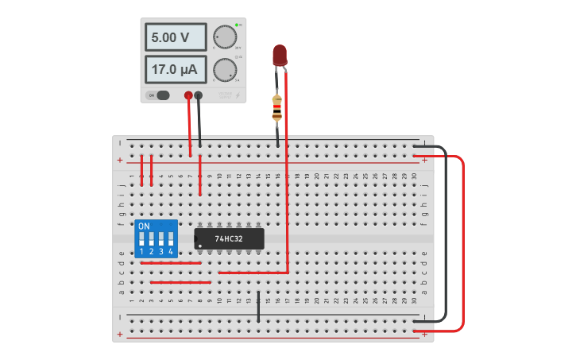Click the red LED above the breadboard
pyautogui.click(x=280, y=55)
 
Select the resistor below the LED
pyautogui.click(x=276, y=108)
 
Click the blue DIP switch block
pyautogui.click(x=157, y=238)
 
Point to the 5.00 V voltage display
pyautogui.click(x=176, y=37)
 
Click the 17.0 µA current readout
pyautogui.click(x=176, y=70)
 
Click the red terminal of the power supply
pyautogui.click(x=188, y=96)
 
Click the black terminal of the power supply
pyautogui.click(x=199, y=96)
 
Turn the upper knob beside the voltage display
pyautogui.click(x=225, y=37)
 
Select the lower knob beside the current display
pyautogui.click(x=225, y=70)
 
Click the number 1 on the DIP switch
pyautogui.click(x=142, y=252)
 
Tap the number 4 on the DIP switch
pyautogui.click(x=171, y=252)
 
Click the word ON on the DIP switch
pyautogui.click(x=144, y=226)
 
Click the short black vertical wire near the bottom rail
pyautogui.click(x=258, y=306)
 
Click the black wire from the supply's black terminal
pyautogui.click(x=199, y=123)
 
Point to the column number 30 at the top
pyautogui.click(x=414, y=176)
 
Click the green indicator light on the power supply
pyautogui.click(x=237, y=25)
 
